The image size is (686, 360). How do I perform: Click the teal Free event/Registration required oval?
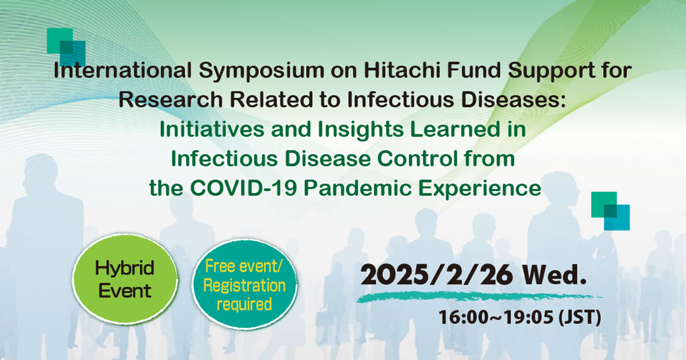point(244,285)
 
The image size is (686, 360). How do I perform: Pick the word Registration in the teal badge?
point(244,285)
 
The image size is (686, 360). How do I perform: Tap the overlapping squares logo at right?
point(611,211)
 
